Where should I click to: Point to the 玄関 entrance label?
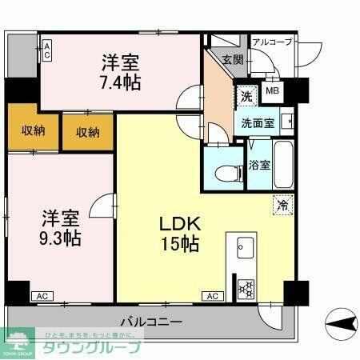(x=233, y=59)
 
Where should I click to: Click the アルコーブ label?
(x=272, y=42)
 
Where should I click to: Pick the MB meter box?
(x=272, y=90)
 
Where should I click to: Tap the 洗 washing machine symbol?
(x=246, y=94)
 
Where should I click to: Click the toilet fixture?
(x=223, y=170)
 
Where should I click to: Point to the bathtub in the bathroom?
(x=285, y=164)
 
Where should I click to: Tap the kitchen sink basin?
(x=244, y=246)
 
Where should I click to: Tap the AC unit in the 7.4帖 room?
(x=47, y=51)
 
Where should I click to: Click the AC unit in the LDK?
(x=212, y=297)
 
